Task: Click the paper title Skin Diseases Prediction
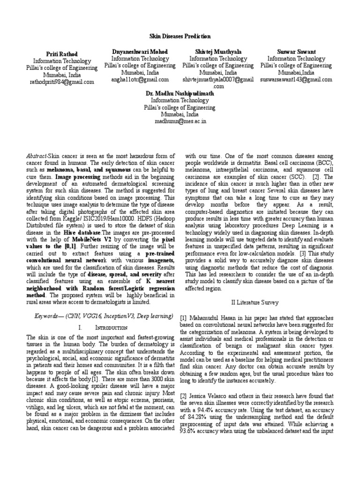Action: pyautogui.click(x=180, y=36)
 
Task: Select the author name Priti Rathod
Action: pyautogui.click(x=62, y=54)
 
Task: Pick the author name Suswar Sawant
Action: pyautogui.click(x=296, y=51)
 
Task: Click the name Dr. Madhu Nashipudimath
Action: pyautogui.click(x=180, y=93)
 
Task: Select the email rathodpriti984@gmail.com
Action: pyautogui.click(x=62, y=82)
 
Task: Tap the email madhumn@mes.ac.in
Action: pyautogui.click(x=180, y=121)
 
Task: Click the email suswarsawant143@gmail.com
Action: pyautogui.click(x=296, y=80)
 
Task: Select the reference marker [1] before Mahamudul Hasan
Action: pyautogui.click(x=184, y=317)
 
